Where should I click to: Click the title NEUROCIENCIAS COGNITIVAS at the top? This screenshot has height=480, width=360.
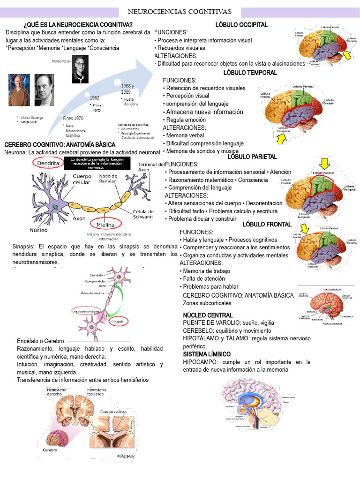(180, 11)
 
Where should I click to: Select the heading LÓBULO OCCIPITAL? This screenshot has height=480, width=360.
(241, 25)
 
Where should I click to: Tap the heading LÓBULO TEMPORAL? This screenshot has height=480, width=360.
(250, 73)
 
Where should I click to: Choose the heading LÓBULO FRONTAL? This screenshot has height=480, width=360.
(267, 225)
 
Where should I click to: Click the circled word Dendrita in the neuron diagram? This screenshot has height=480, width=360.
(49, 163)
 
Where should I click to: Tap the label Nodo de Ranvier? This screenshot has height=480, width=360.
(109, 179)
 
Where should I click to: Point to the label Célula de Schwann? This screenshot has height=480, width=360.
(143, 214)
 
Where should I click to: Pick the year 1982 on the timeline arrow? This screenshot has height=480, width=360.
(94, 98)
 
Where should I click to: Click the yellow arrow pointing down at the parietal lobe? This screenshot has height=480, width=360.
(324, 164)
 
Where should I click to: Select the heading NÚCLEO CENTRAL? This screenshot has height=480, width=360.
(207, 315)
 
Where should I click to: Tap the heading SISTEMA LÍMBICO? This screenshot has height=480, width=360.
(207, 354)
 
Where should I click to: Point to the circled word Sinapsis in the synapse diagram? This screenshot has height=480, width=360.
(117, 322)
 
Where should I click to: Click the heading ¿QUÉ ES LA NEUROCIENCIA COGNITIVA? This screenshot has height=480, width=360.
(78, 25)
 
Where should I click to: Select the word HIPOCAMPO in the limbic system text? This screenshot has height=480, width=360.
(200, 362)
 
